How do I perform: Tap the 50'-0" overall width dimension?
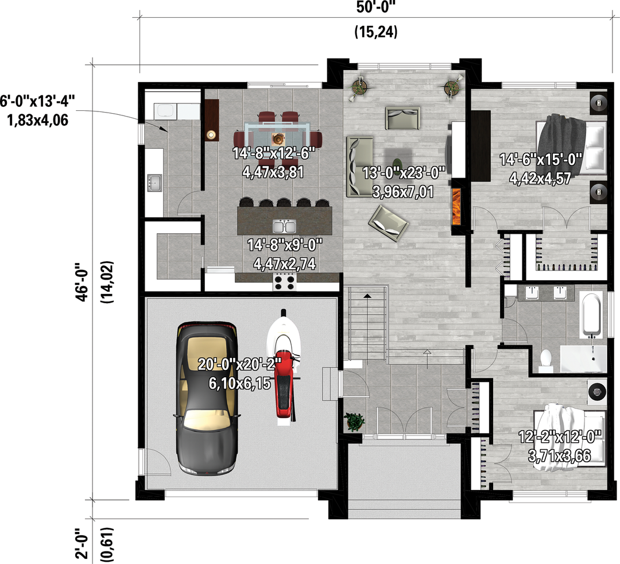coord(375,7)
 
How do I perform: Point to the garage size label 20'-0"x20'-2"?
coord(239,364)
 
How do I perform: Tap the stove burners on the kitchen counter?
coord(285,283)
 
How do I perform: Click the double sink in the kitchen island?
coord(284,227)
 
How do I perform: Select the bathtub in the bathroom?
coord(591,315)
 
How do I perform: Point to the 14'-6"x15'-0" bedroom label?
coord(541,160)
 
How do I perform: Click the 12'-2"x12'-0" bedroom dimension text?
coord(560,437)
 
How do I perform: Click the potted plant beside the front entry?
coord(354,422)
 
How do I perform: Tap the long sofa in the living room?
coord(359,167)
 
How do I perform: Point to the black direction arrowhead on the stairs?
coord(368,295)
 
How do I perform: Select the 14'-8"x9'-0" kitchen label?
coord(285,245)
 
